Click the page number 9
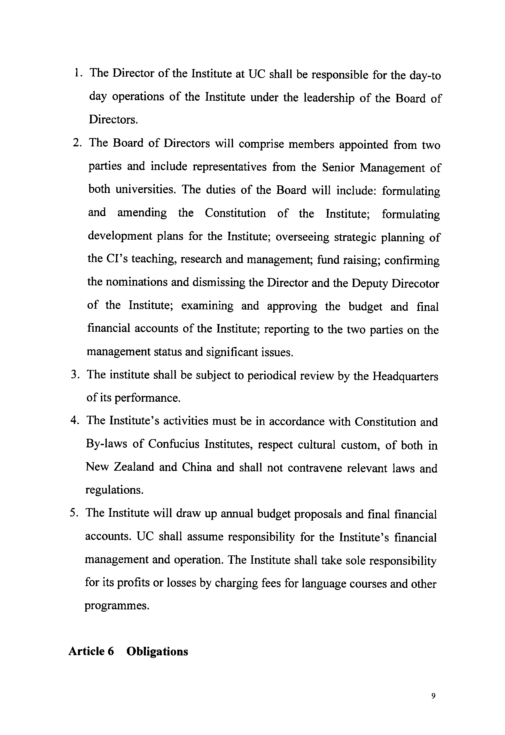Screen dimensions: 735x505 click(x=433, y=696)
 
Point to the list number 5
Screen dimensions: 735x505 click(x=74, y=513)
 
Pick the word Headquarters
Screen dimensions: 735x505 click(x=405, y=376)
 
